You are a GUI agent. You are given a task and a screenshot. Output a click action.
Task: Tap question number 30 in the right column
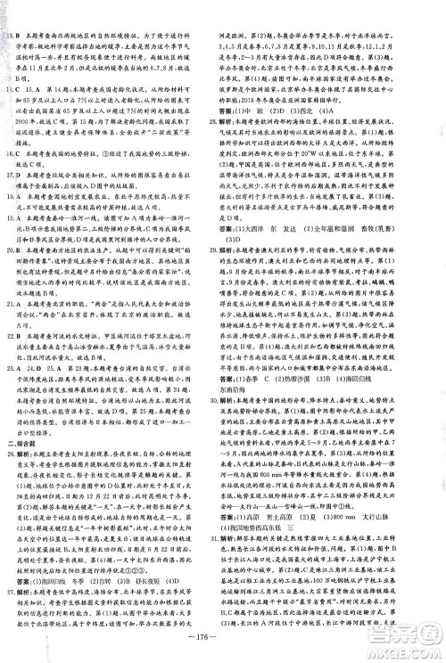pos(231,444)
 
